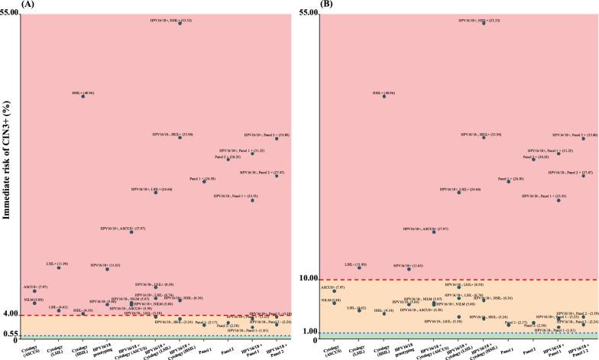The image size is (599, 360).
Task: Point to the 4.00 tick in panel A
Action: (x=11, y=314)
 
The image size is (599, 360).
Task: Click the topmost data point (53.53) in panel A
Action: (x=180, y=24)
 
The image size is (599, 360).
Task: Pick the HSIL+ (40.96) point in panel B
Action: (x=384, y=97)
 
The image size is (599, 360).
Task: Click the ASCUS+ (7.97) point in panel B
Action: (x=334, y=291)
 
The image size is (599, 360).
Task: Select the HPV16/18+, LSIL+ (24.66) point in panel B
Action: (x=458, y=192)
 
